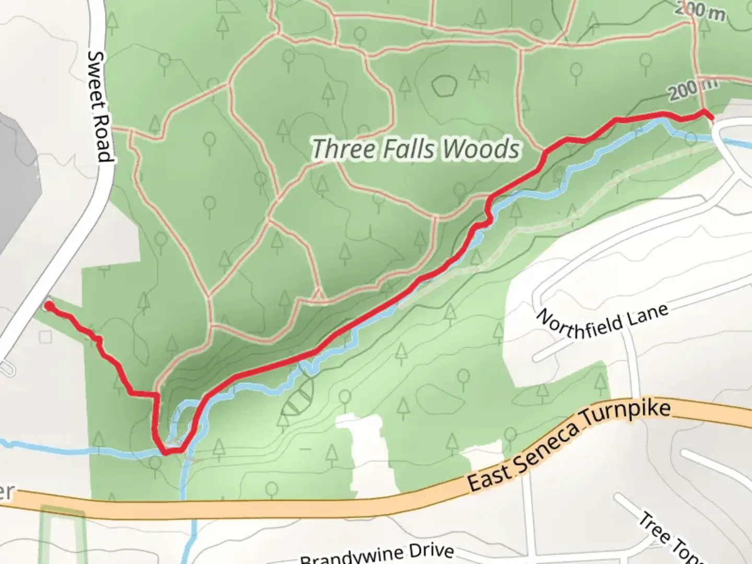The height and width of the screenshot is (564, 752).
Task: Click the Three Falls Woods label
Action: (x=416, y=149)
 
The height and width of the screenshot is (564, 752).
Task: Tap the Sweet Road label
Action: (x=100, y=107)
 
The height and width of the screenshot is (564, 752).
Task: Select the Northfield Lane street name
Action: (x=602, y=323)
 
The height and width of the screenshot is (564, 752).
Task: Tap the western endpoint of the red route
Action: (x=49, y=305)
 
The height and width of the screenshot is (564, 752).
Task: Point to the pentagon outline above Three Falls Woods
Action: (x=444, y=85)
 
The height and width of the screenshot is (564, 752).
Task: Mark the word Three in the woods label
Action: (x=344, y=149)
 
